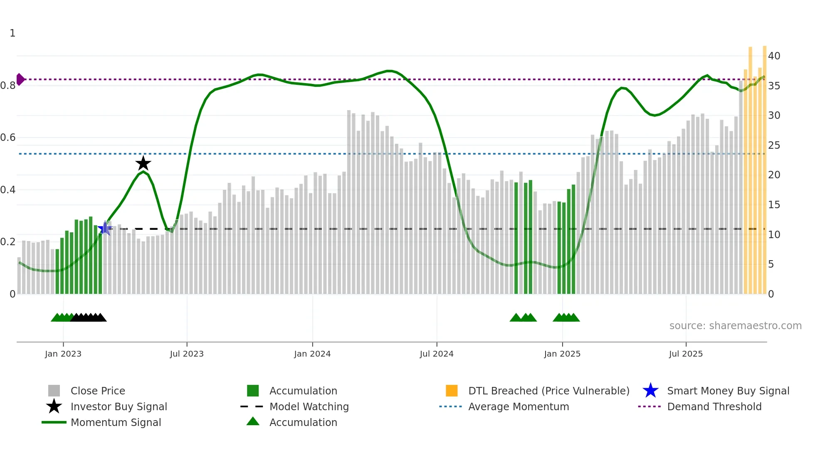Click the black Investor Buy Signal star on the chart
(x=143, y=164)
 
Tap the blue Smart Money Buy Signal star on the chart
(x=105, y=228)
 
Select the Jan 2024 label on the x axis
(x=312, y=354)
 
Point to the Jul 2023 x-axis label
(x=187, y=354)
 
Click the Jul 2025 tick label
(x=686, y=354)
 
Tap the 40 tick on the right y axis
(x=774, y=56)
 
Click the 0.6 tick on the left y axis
(x=8, y=138)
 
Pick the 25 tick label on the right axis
(x=774, y=145)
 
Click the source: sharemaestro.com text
(x=735, y=326)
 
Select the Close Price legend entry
(x=98, y=391)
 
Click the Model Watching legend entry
(x=309, y=407)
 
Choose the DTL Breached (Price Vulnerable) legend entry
(x=548, y=391)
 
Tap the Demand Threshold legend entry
(x=714, y=407)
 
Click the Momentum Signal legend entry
(x=116, y=423)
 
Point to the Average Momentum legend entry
(x=518, y=407)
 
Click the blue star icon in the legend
(x=650, y=391)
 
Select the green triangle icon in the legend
(x=253, y=422)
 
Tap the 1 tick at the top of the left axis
(x=12, y=33)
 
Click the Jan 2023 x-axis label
(x=63, y=354)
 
